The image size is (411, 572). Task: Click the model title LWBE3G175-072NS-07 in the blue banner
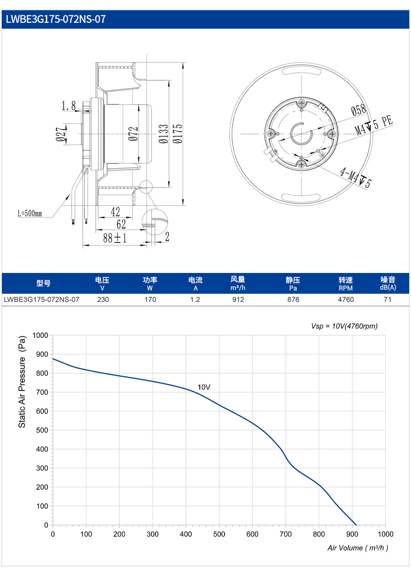(56, 19)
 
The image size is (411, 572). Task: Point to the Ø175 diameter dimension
(177, 134)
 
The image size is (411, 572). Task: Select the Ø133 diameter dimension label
(164, 134)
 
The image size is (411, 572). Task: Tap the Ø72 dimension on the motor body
(133, 134)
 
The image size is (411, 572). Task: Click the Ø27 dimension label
(61, 134)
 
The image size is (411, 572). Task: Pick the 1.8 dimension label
(69, 106)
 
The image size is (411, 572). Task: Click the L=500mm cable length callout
(30, 213)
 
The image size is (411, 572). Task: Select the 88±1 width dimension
(115, 238)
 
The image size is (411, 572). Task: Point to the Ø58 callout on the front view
(359, 110)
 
